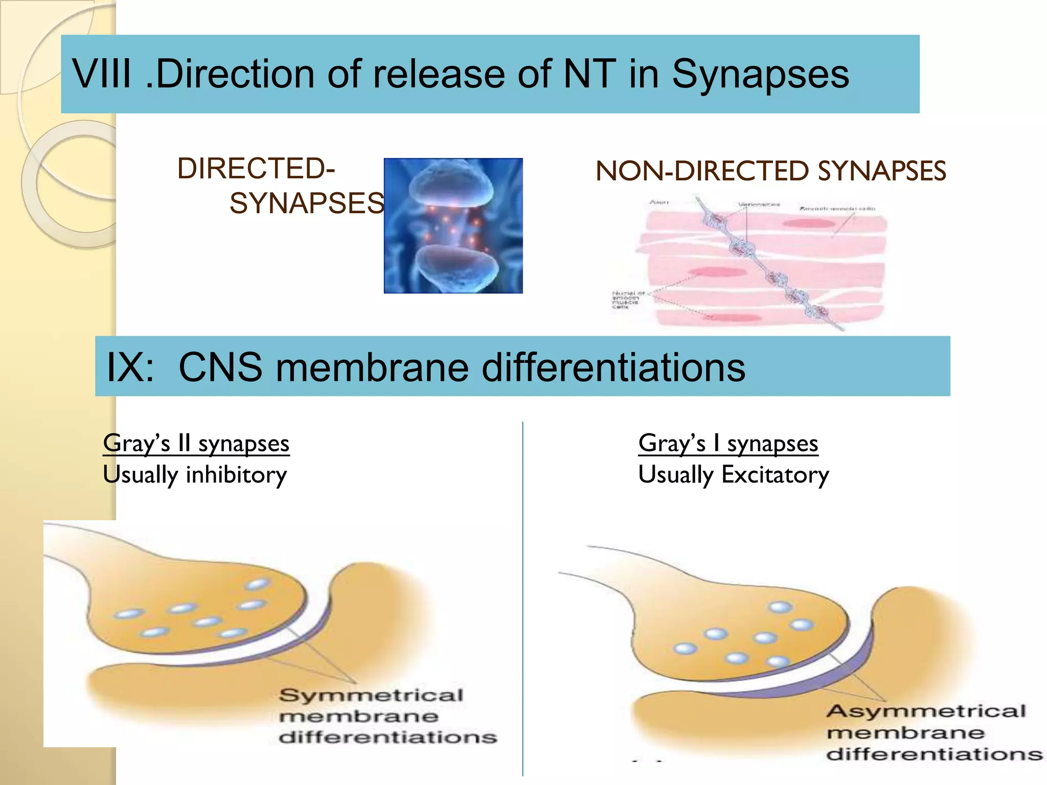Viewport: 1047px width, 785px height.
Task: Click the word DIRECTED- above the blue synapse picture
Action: point(256,168)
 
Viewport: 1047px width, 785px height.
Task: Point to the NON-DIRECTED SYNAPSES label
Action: point(770,171)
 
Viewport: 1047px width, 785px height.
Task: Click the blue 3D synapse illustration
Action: point(453,225)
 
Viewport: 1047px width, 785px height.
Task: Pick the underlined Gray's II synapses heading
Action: point(196,443)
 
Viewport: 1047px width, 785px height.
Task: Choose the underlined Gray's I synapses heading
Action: point(728,443)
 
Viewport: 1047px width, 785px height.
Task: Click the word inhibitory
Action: point(236,475)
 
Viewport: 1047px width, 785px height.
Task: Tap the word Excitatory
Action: point(775,475)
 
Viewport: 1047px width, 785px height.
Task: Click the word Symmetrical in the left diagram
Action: point(371,695)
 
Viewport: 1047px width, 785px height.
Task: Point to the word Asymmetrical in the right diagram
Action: point(926,711)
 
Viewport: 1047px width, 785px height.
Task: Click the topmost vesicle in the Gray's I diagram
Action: point(780,607)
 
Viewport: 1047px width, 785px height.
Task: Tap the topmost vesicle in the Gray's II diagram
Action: point(258,584)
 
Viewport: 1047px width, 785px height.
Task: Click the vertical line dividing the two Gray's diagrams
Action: point(522,598)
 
